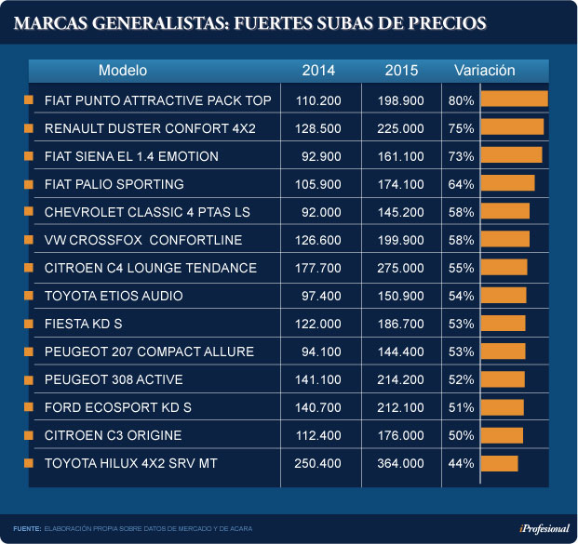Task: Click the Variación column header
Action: coord(484,71)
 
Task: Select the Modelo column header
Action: coord(123,71)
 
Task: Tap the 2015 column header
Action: coord(401,71)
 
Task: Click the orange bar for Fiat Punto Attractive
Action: coord(514,100)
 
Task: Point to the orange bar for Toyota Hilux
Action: coord(499,463)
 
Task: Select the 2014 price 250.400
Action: coord(319,463)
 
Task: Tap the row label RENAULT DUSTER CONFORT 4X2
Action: coord(150,128)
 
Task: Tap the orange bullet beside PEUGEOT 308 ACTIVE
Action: coord(29,379)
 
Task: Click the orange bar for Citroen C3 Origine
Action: coord(502,435)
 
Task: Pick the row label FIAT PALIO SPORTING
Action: coord(114,184)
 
